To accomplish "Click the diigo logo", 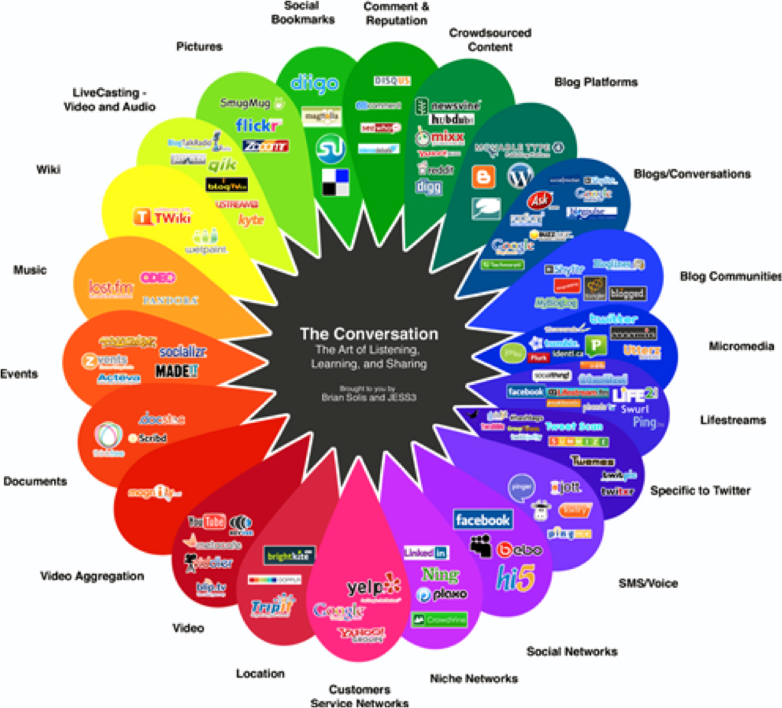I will (314, 83).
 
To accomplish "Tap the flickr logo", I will (258, 126).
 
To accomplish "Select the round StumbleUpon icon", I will (331, 149).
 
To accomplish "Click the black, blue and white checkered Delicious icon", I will (335, 182).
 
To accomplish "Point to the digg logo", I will (429, 186).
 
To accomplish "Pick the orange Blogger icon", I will (483, 177).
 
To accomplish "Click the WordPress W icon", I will (520, 176).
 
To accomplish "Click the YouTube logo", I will (207, 522).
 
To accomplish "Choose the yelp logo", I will (373, 587).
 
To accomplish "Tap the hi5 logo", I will (515, 578).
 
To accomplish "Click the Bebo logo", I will (519, 550).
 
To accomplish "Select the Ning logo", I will (440, 575).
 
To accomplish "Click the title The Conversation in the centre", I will (369, 334).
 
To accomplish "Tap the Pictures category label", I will (199, 47).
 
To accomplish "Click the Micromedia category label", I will (741, 346).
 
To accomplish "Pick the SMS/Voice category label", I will (648, 583).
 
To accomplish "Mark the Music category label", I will (30, 270).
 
